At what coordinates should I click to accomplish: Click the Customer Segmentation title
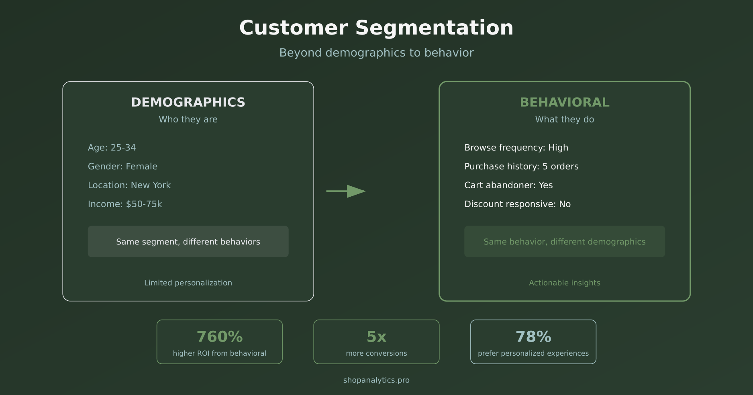[x=376, y=28]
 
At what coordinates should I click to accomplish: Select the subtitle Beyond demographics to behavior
[x=376, y=53]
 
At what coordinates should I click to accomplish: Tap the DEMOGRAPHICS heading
[x=188, y=102]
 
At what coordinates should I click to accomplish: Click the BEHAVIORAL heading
[x=564, y=102]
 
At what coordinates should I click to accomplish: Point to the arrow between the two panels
[x=346, y=191]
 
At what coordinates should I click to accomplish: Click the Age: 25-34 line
[x=112, y=148]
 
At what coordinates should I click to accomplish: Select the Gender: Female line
[x=122, y=167]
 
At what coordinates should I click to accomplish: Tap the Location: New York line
[x=129, y=185]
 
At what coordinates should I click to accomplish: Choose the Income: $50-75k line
[x=125, y=204]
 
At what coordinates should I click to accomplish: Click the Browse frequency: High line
[x=516, y=148]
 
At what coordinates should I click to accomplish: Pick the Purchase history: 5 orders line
[x=521, y=167]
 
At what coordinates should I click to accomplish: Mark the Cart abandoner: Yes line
[x=508, y=185]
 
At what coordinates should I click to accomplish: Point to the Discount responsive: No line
[x=517, y=204]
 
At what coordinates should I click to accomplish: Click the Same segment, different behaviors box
[x=188, y=242]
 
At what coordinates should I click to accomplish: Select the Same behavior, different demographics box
[x=564, y=242]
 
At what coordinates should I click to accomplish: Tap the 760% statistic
[x=219, y=337]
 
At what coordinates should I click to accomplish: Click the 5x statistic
[x=376, y=337]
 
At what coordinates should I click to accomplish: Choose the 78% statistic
[x=533, y=337]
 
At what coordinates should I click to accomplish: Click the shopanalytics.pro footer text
[x=376, y=380]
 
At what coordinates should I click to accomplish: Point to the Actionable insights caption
[x=564, y=283]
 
